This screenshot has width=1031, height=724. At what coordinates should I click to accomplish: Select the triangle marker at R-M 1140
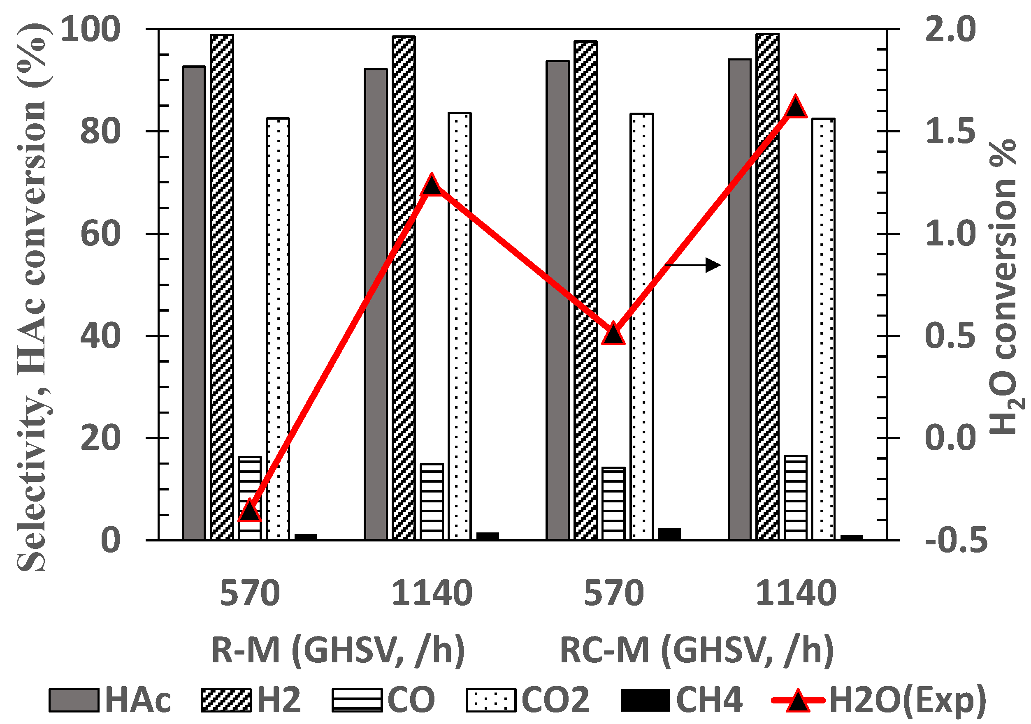(432, 185)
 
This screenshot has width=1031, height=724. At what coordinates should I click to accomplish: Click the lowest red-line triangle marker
(250, 511)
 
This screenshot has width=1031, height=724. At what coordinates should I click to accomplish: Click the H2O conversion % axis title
(1003, 287)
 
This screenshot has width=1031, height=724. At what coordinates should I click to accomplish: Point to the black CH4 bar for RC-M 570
(669, 534)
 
